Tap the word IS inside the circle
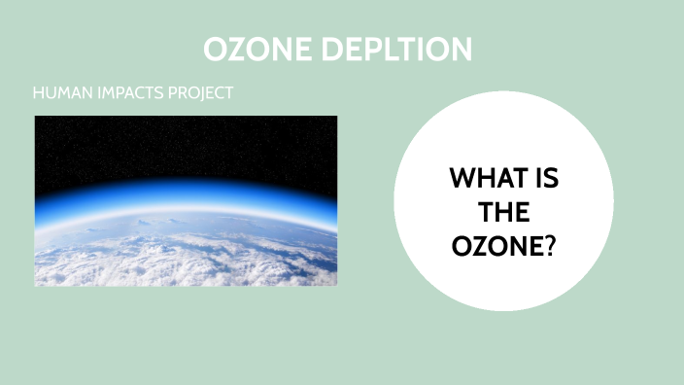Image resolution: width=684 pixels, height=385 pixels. coord(545,179)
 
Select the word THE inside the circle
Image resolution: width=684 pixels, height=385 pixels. coord(503,213)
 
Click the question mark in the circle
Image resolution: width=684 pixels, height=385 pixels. coord(549,247)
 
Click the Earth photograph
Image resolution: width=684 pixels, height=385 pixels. coord(186,200)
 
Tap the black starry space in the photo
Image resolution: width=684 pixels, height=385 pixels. coord(186,146)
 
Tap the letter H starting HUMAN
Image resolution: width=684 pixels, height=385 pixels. coord(38,94)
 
